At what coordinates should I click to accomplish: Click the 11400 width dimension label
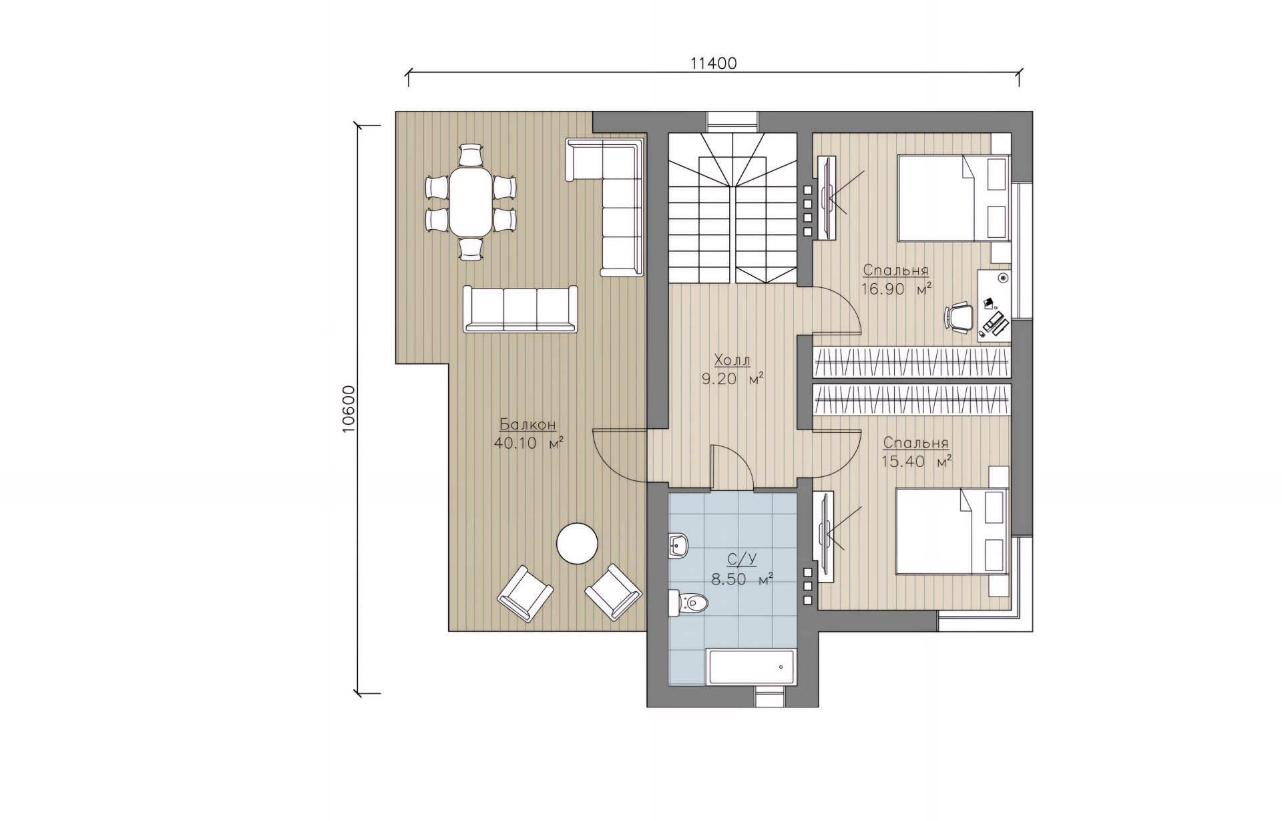coord(713,63)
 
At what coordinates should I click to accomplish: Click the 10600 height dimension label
coord(348,409)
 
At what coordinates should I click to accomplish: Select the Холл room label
coord(732,361)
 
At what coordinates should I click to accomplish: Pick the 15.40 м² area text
coord(916,462)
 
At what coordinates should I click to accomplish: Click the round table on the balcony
coord(578,544)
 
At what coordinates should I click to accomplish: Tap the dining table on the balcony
coord(471,201)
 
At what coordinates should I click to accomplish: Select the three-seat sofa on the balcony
coord(520,309)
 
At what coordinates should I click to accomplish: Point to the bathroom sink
coord(678,546)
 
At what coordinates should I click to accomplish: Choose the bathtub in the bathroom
coord(751,668)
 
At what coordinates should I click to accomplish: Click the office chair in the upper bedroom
coord(959,317)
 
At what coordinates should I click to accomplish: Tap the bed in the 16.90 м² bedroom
coord(953,198)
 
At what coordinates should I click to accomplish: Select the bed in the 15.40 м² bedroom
coord(951,531)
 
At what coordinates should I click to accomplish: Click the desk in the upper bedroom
coord(994,306)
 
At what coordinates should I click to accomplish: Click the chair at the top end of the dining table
coord(471,155)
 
